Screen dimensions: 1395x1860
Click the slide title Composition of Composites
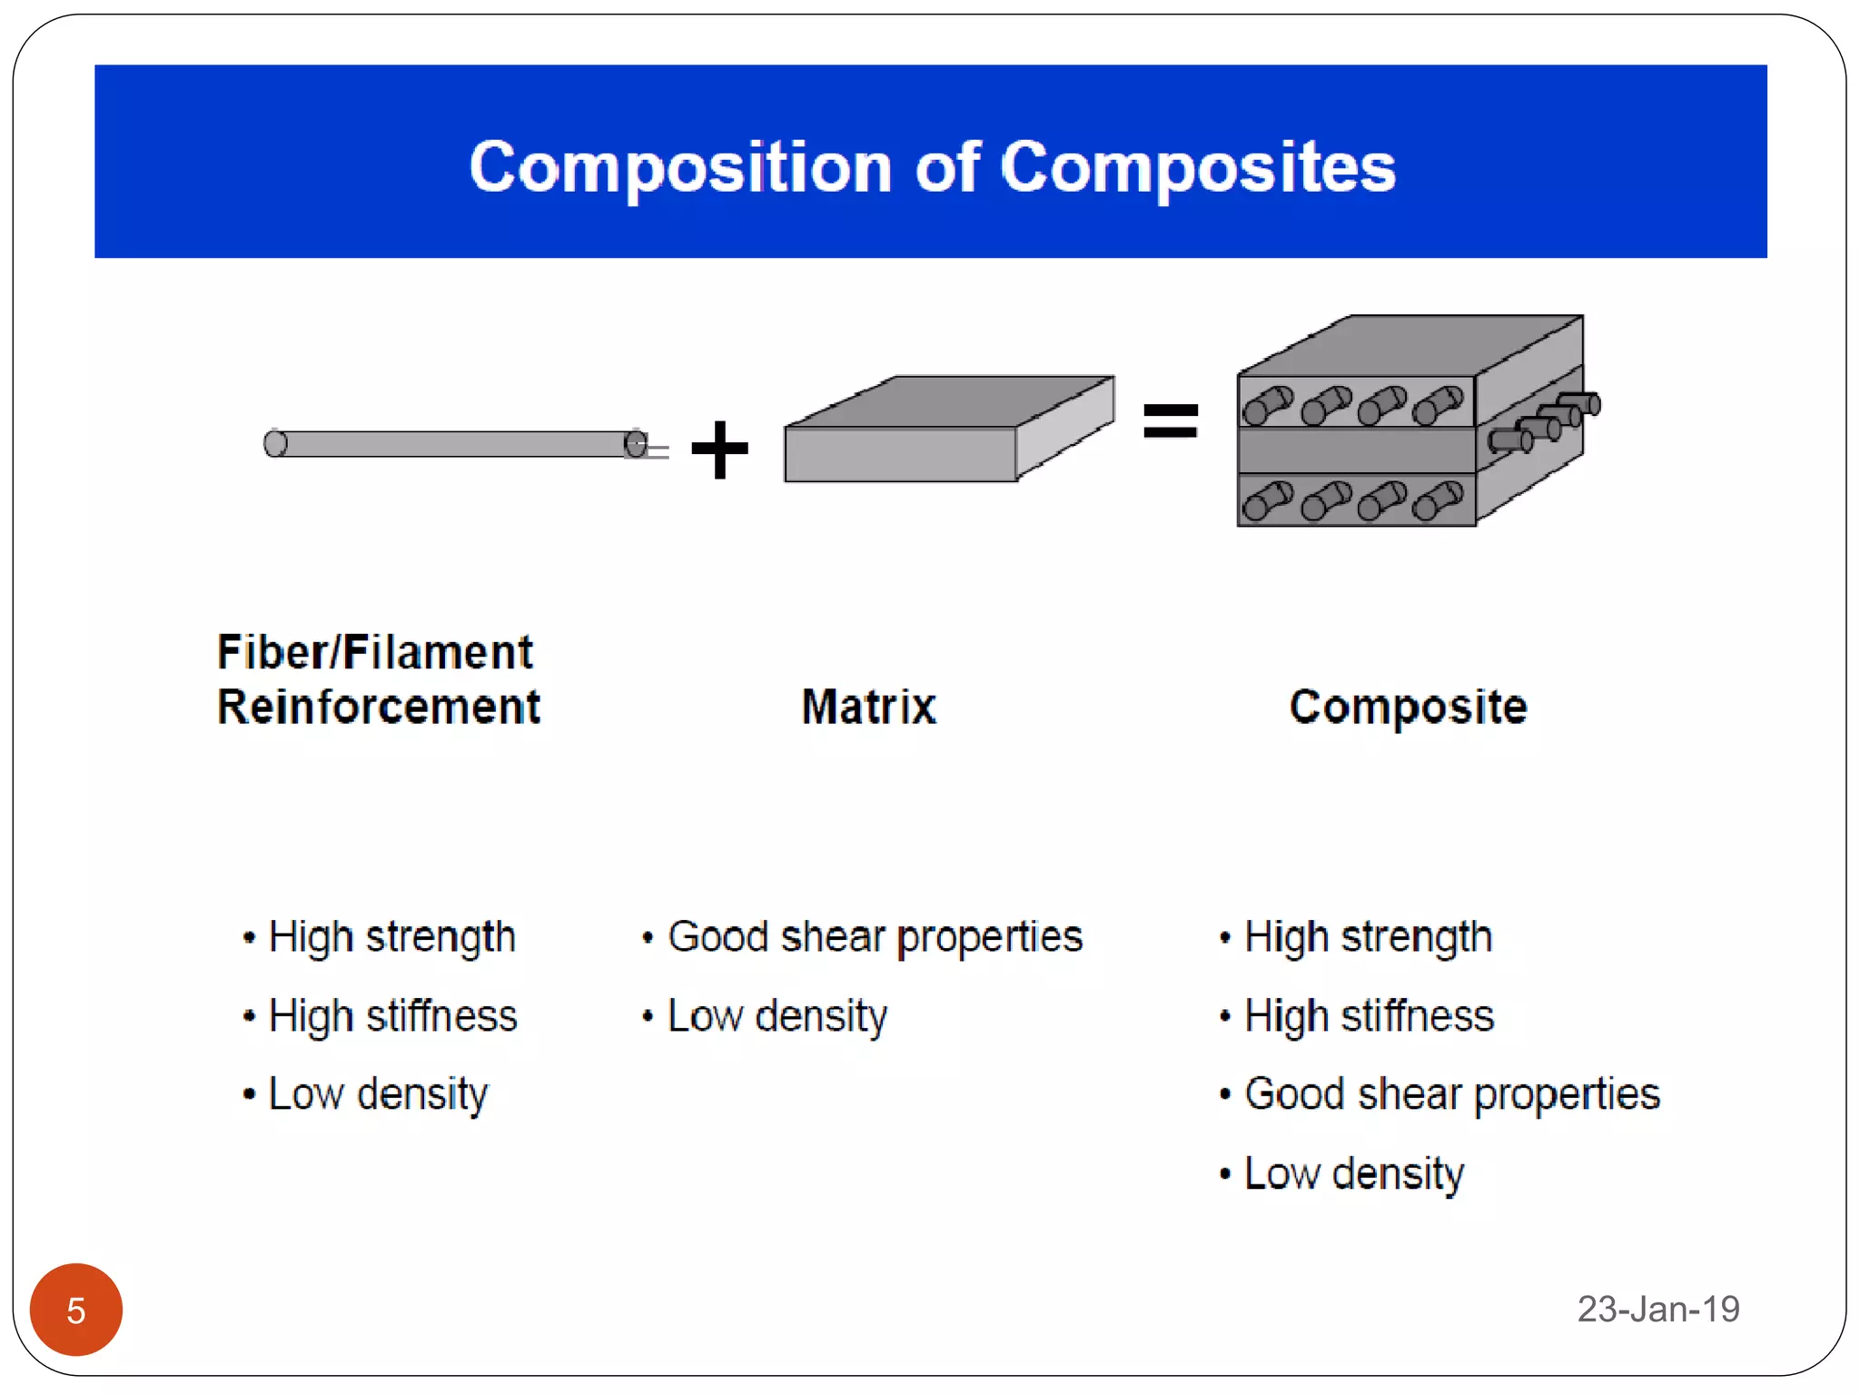pos(932,167)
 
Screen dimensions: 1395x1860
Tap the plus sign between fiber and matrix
pos(719,449)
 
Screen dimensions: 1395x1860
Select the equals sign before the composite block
pos(1170,421)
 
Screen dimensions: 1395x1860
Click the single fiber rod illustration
pos(454,444)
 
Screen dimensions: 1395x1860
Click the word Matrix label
pos(868,707)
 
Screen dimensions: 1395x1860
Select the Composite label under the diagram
pos(1408,707)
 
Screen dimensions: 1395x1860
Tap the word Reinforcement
pos(378,707)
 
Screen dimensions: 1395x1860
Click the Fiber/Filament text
pos(374,652)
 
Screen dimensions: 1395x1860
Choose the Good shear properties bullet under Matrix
pos(874,937)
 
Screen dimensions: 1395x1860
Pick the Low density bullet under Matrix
pos(777,1016)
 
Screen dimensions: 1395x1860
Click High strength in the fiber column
pos(391,937)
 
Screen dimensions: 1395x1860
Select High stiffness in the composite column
pos(1368,1016)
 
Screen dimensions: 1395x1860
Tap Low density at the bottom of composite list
pos(1353,1173)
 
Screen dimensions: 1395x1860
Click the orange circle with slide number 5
pos(76,1310)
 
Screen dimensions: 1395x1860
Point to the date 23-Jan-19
pos(1657,1309)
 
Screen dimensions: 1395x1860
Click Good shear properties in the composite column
pos(1451,1094)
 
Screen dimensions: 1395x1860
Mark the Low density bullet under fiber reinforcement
pos(378,1094)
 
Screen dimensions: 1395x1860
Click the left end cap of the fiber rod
pos(275,444)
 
